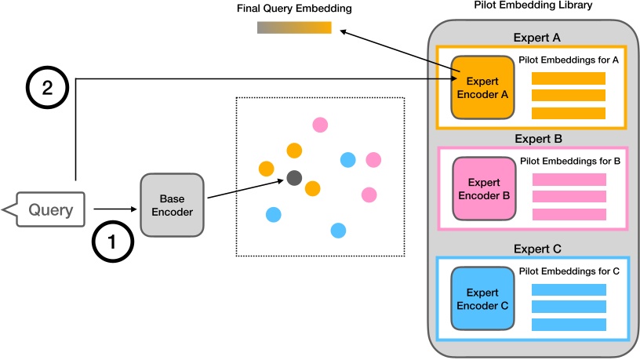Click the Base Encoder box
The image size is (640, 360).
click(171, 205)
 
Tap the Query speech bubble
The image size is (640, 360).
click(49, 210)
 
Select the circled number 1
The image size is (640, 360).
click(112, 242)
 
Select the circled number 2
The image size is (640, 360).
click(47, 88)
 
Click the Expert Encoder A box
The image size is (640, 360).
click(482, 87)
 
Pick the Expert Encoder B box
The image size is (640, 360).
click(483, 188)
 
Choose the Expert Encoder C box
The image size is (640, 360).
click(482, 299)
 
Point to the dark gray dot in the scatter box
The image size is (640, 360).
click(294, 178)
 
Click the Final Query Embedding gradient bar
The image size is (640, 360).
click(294, 28)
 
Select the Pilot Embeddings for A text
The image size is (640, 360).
click(569, 60)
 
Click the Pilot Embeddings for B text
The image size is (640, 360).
click(570, 161)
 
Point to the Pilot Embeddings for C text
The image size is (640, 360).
click(570, 271)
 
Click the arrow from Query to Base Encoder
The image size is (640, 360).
click(114, 209)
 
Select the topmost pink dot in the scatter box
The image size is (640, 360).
click(319, 124)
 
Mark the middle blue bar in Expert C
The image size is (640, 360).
click(569, 307)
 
